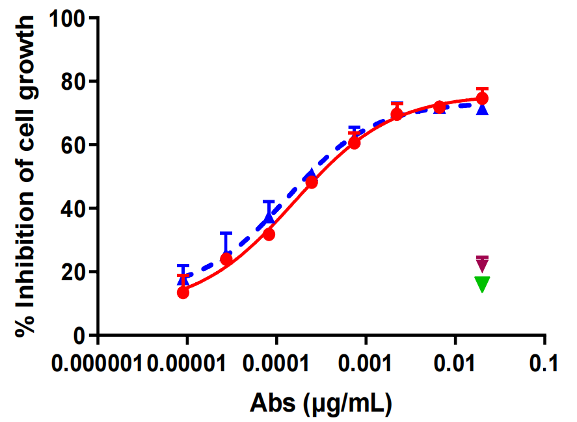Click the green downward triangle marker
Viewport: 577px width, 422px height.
pyautogui.click(x=482, y=284)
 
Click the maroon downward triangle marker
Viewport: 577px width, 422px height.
pyautogui.click(x=482, y=264)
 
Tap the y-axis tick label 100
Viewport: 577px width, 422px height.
pyautogui.click(x=69, y=18)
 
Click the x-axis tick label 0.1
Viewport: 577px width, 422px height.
pyautogui.click(x=544, y=363)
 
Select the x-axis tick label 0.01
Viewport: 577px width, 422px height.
pyautogui.click(x=455, y=363)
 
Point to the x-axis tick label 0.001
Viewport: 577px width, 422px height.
pyautogui.click(x=366, y=363)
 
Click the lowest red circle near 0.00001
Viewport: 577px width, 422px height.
pyautogui.click(x=183, y=293)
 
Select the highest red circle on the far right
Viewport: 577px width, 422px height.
pyautogui.click(x=482, y=98)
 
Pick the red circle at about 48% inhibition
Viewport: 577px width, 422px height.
pyautogui.click(x=312, y=183)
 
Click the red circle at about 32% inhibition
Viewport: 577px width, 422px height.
pyautogui.click(x=269, y=234)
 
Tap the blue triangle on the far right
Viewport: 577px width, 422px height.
pyautogui.click(x=482, y=109)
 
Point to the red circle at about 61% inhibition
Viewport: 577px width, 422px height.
pyautogui.click(x=355, y=143)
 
